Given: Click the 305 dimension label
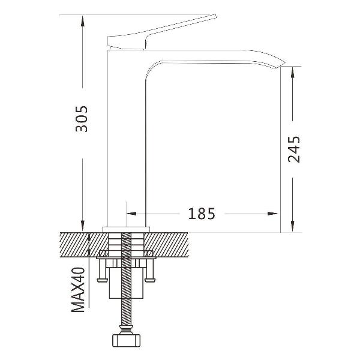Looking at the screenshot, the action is point(82,119).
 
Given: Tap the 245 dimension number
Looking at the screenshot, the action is point(294,149).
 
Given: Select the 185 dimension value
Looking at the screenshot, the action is point(202,214).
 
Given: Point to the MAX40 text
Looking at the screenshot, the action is point(78,290).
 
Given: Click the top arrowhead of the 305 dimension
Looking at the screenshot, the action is point(83,21).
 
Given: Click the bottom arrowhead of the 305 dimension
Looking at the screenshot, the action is point(83,226).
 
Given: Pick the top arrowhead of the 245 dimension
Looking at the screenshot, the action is point(293,73).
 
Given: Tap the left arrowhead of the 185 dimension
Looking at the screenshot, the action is point(131,214).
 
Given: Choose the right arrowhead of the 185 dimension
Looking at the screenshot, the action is point(272,214).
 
